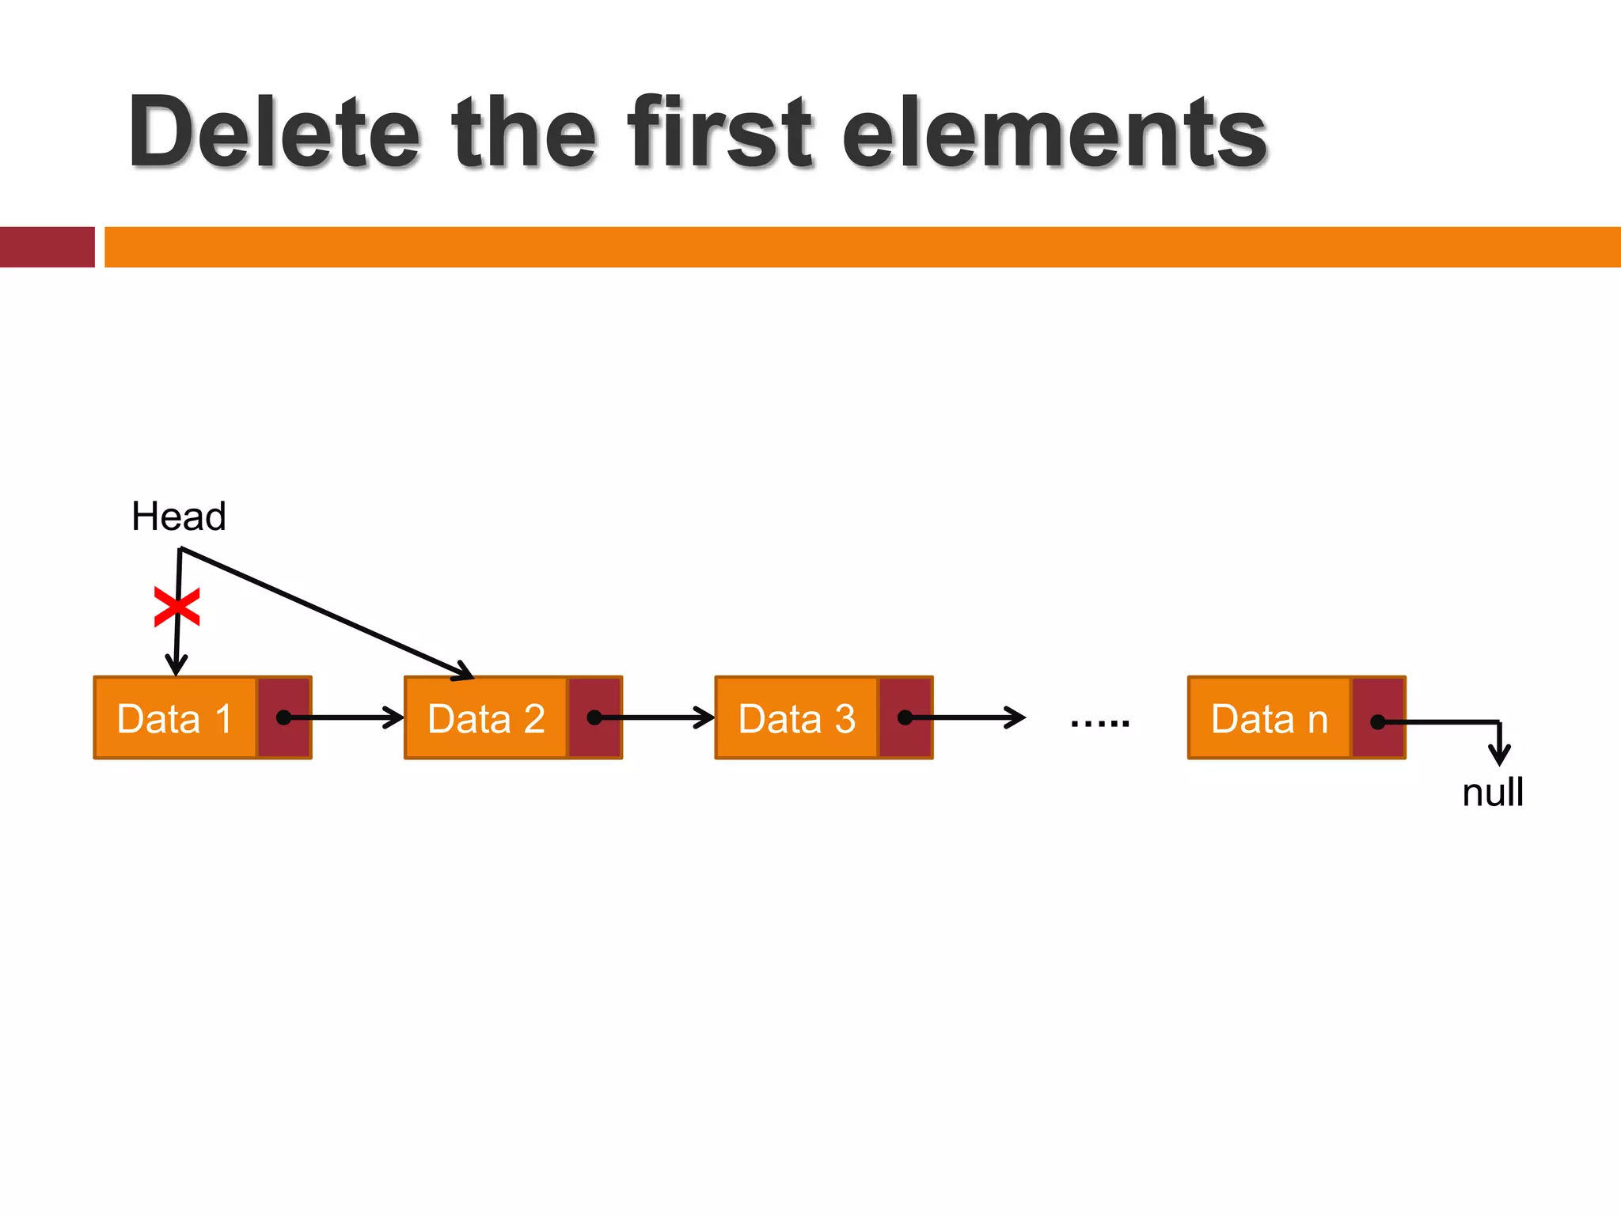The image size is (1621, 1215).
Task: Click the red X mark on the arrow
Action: [177, 607]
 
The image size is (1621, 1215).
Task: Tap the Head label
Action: [179, 517]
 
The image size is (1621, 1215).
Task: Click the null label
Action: [1492, 792]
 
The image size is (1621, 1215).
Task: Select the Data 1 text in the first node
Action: [174, 718]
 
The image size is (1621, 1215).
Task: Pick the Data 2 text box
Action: [486, 718]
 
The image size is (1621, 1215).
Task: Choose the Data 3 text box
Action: [796, 718]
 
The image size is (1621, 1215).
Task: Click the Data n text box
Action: [1269, 718]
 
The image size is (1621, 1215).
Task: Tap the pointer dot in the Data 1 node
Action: [283, 717]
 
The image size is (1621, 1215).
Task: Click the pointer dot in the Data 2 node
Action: [594, 717]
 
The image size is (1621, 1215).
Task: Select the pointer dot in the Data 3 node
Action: [905, 717]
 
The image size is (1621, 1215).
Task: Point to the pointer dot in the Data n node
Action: [1377, 721]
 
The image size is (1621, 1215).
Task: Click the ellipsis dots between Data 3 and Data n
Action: [1099, 723]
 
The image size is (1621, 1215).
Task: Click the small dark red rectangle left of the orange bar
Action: [47, 247]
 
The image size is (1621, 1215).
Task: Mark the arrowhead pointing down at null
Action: [1499, 755]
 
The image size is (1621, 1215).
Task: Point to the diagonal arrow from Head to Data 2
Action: [325, 612]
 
